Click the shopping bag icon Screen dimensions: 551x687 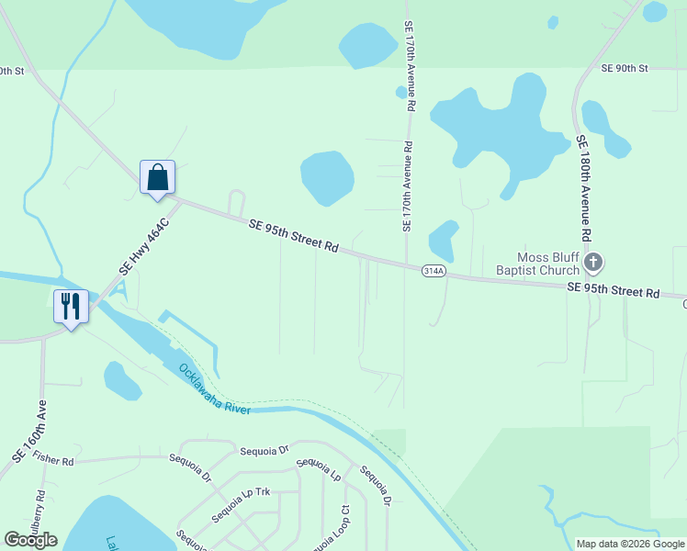click(157, 177)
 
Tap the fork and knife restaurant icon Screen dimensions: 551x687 click(72, 306)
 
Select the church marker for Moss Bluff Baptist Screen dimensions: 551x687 click(593, 264)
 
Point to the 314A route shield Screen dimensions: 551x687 click(434, 271)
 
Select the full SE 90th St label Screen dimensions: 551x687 click(625, 68)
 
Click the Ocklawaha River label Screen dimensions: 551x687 click(215, 388)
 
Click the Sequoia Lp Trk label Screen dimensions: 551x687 click(242, 505)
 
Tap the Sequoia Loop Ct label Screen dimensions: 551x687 click(332, 528)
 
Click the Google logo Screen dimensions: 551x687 click(30, 540)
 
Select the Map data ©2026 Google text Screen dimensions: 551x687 click(630, 544)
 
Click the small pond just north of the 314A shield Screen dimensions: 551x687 click(444, 241)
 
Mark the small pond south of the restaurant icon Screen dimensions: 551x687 click(122, 380)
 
